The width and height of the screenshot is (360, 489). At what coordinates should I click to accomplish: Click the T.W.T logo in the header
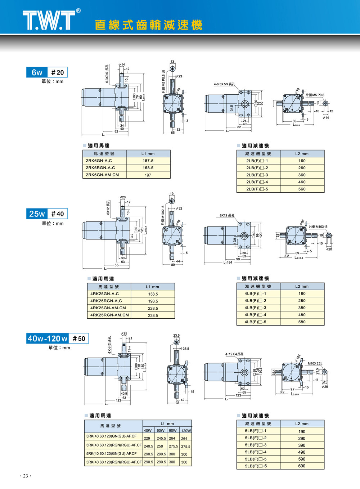[49, 20]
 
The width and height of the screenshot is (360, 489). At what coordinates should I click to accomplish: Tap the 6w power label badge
[37, 72]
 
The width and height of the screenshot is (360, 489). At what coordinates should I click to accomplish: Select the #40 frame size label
[57, 214]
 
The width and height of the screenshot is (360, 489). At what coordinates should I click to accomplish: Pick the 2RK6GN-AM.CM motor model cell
[102, 175]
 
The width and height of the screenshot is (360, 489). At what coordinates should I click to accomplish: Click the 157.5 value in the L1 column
[148, 161]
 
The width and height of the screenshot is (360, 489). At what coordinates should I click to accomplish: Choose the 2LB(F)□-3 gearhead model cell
[257, 175]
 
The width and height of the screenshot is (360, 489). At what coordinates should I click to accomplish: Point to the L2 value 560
[302, 189]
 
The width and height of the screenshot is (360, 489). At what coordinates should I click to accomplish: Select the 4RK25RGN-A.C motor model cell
[106, 301]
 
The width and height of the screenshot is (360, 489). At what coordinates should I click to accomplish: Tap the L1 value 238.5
[153, 315]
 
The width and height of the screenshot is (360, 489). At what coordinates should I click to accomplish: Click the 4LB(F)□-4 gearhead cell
[255, 315]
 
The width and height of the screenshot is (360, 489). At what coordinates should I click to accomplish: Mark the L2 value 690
[302, 466]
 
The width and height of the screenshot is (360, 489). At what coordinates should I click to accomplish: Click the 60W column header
[161, 430]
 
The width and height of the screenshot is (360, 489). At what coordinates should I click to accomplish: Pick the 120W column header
[186, 430]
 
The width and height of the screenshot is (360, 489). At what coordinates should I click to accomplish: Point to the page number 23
[26, 476]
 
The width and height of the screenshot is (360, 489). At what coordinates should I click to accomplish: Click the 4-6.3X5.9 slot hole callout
[224, 84]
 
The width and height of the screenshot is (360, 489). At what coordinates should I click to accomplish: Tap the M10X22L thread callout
[315, 363]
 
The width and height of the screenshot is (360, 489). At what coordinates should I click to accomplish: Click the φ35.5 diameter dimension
[185, 349]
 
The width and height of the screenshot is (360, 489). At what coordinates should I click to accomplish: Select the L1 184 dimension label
[228, 263]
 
